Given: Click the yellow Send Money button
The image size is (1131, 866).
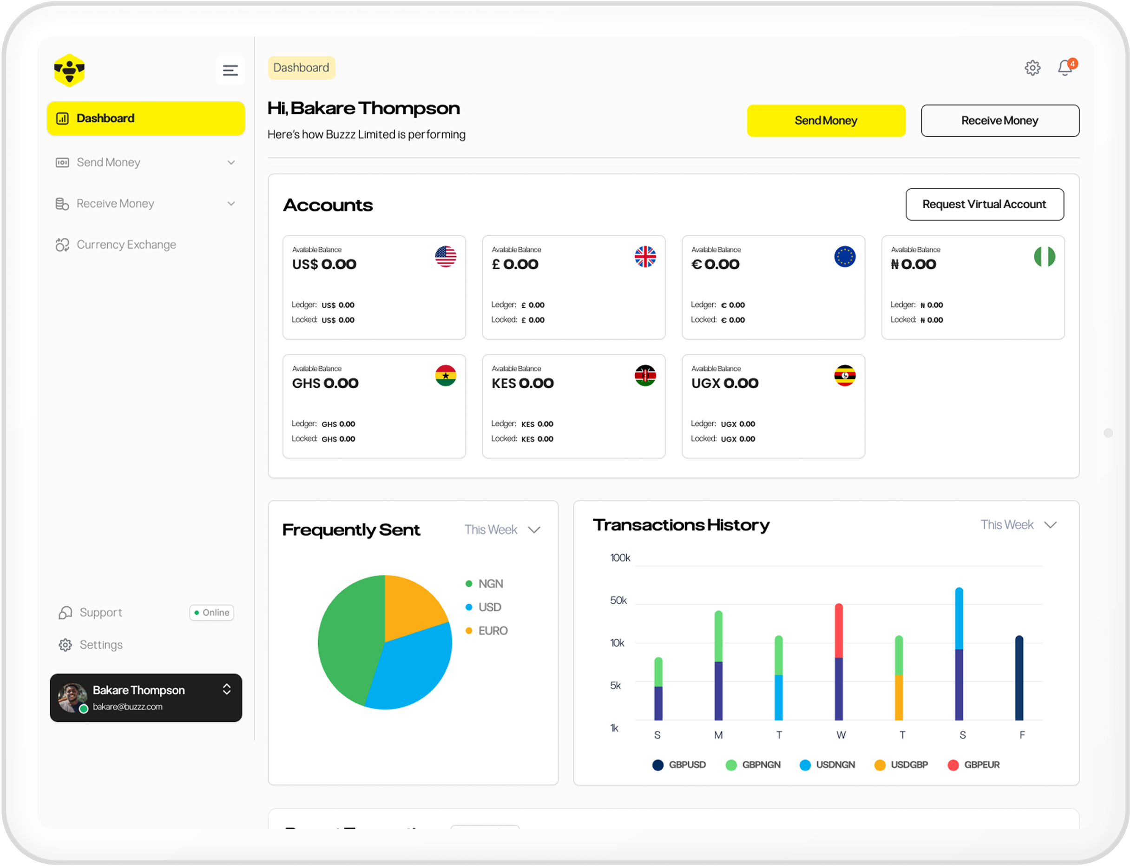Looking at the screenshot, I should tap(825, 120).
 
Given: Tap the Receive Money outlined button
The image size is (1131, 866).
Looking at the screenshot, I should tap(999, 120).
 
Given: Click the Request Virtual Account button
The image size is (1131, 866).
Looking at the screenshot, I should tap(984, 204).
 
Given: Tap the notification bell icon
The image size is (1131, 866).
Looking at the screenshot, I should tap(1065, 67).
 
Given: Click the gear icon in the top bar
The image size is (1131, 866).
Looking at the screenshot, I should tap(1032, 67).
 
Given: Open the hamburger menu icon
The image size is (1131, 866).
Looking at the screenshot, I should tap(230, 70).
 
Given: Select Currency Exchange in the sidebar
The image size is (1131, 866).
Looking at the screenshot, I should tap(126, 245).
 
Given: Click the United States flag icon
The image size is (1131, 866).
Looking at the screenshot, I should tap(445, 256).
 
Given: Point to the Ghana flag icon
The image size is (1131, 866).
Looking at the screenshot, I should tap(445, 375).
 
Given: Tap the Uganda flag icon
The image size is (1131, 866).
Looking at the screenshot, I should tap(844, 375).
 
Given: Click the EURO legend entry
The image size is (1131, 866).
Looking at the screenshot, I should tap(492, 630).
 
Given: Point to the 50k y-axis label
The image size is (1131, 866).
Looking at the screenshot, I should tap(618, 600).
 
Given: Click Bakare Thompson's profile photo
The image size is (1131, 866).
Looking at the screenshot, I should tap(72, 697).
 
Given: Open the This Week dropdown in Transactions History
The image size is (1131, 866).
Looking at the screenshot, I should tap(1018, 525).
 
